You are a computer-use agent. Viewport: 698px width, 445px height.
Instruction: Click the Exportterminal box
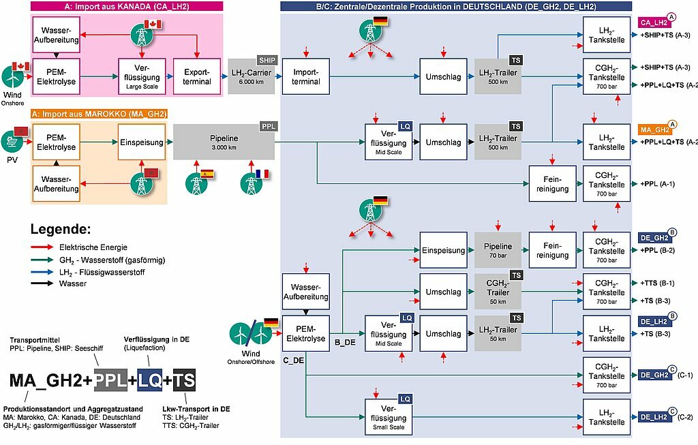coord(197,76)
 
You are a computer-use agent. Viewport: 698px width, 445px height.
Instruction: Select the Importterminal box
coord(306,76)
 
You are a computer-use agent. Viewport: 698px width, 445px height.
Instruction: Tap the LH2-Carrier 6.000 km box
coord(251,76)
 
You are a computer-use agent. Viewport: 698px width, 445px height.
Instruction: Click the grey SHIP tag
coord(267,60)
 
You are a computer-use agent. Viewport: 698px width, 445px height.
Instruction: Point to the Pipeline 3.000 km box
coord(224,142)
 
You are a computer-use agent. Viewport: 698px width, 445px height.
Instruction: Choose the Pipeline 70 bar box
coord(498,250)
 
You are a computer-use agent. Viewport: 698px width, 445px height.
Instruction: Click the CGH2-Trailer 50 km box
coord(498,292)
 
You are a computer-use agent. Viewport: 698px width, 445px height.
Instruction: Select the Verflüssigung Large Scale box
coord(142,76)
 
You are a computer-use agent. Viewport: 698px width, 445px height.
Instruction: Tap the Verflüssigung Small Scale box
coord(389,418)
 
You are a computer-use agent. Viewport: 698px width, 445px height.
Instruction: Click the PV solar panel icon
coord(12,142)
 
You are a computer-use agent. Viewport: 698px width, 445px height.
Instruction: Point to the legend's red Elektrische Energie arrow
coord(42,247)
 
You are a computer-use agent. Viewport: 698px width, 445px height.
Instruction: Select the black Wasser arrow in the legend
coord(42,283)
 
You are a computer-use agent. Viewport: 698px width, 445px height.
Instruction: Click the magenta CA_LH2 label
coord(654,22)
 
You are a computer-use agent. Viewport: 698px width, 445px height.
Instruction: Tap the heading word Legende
coord(61,229)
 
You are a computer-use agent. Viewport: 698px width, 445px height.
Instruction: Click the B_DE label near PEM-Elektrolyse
coord(345,343)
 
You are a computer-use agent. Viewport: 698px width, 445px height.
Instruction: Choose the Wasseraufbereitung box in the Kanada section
coord(56,35)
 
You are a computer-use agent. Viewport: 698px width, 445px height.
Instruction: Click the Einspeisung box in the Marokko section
coord(142,142)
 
